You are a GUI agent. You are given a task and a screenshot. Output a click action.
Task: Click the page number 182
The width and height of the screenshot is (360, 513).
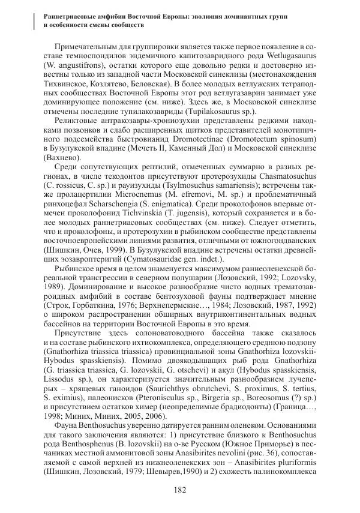[179, 490]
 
